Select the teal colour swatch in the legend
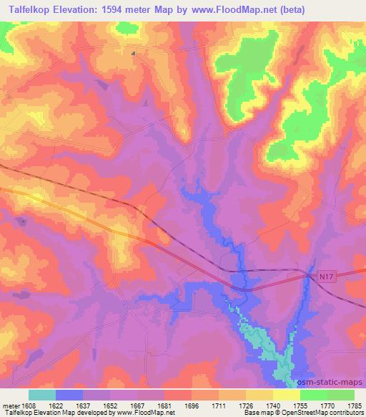42,394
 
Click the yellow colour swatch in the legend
286,394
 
